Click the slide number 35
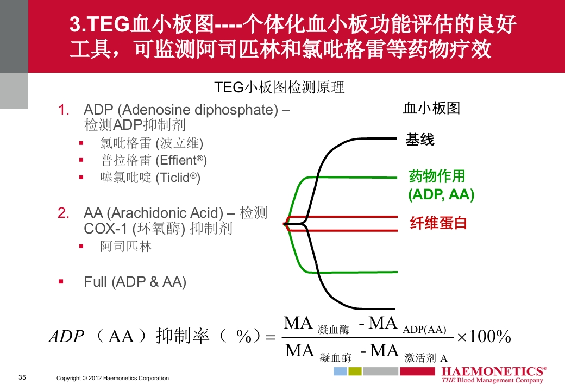(x=22, y=377)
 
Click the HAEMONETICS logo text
(x=494, y=371)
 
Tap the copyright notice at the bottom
(x=112, y=378)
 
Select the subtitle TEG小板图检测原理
(x=279, y=87)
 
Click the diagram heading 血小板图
(x=431, y=108)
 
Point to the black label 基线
(x=420, y=140)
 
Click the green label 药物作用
(x=436, y=176)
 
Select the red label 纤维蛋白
(x=438, y=223)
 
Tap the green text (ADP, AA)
(x=441, y=195)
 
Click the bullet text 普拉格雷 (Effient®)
(x=153, y=160)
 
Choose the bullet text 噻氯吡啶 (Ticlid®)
(x=150, y=178)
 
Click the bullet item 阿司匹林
(x=126, y=247)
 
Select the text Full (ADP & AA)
(x=135, y=282)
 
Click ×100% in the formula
(x=484, y=337)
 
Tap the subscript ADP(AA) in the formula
(x=424, y=330)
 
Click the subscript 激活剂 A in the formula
(x=426, y=358)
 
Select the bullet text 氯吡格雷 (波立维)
(x=152, y=143)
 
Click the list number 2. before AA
(x=64, y=212)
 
